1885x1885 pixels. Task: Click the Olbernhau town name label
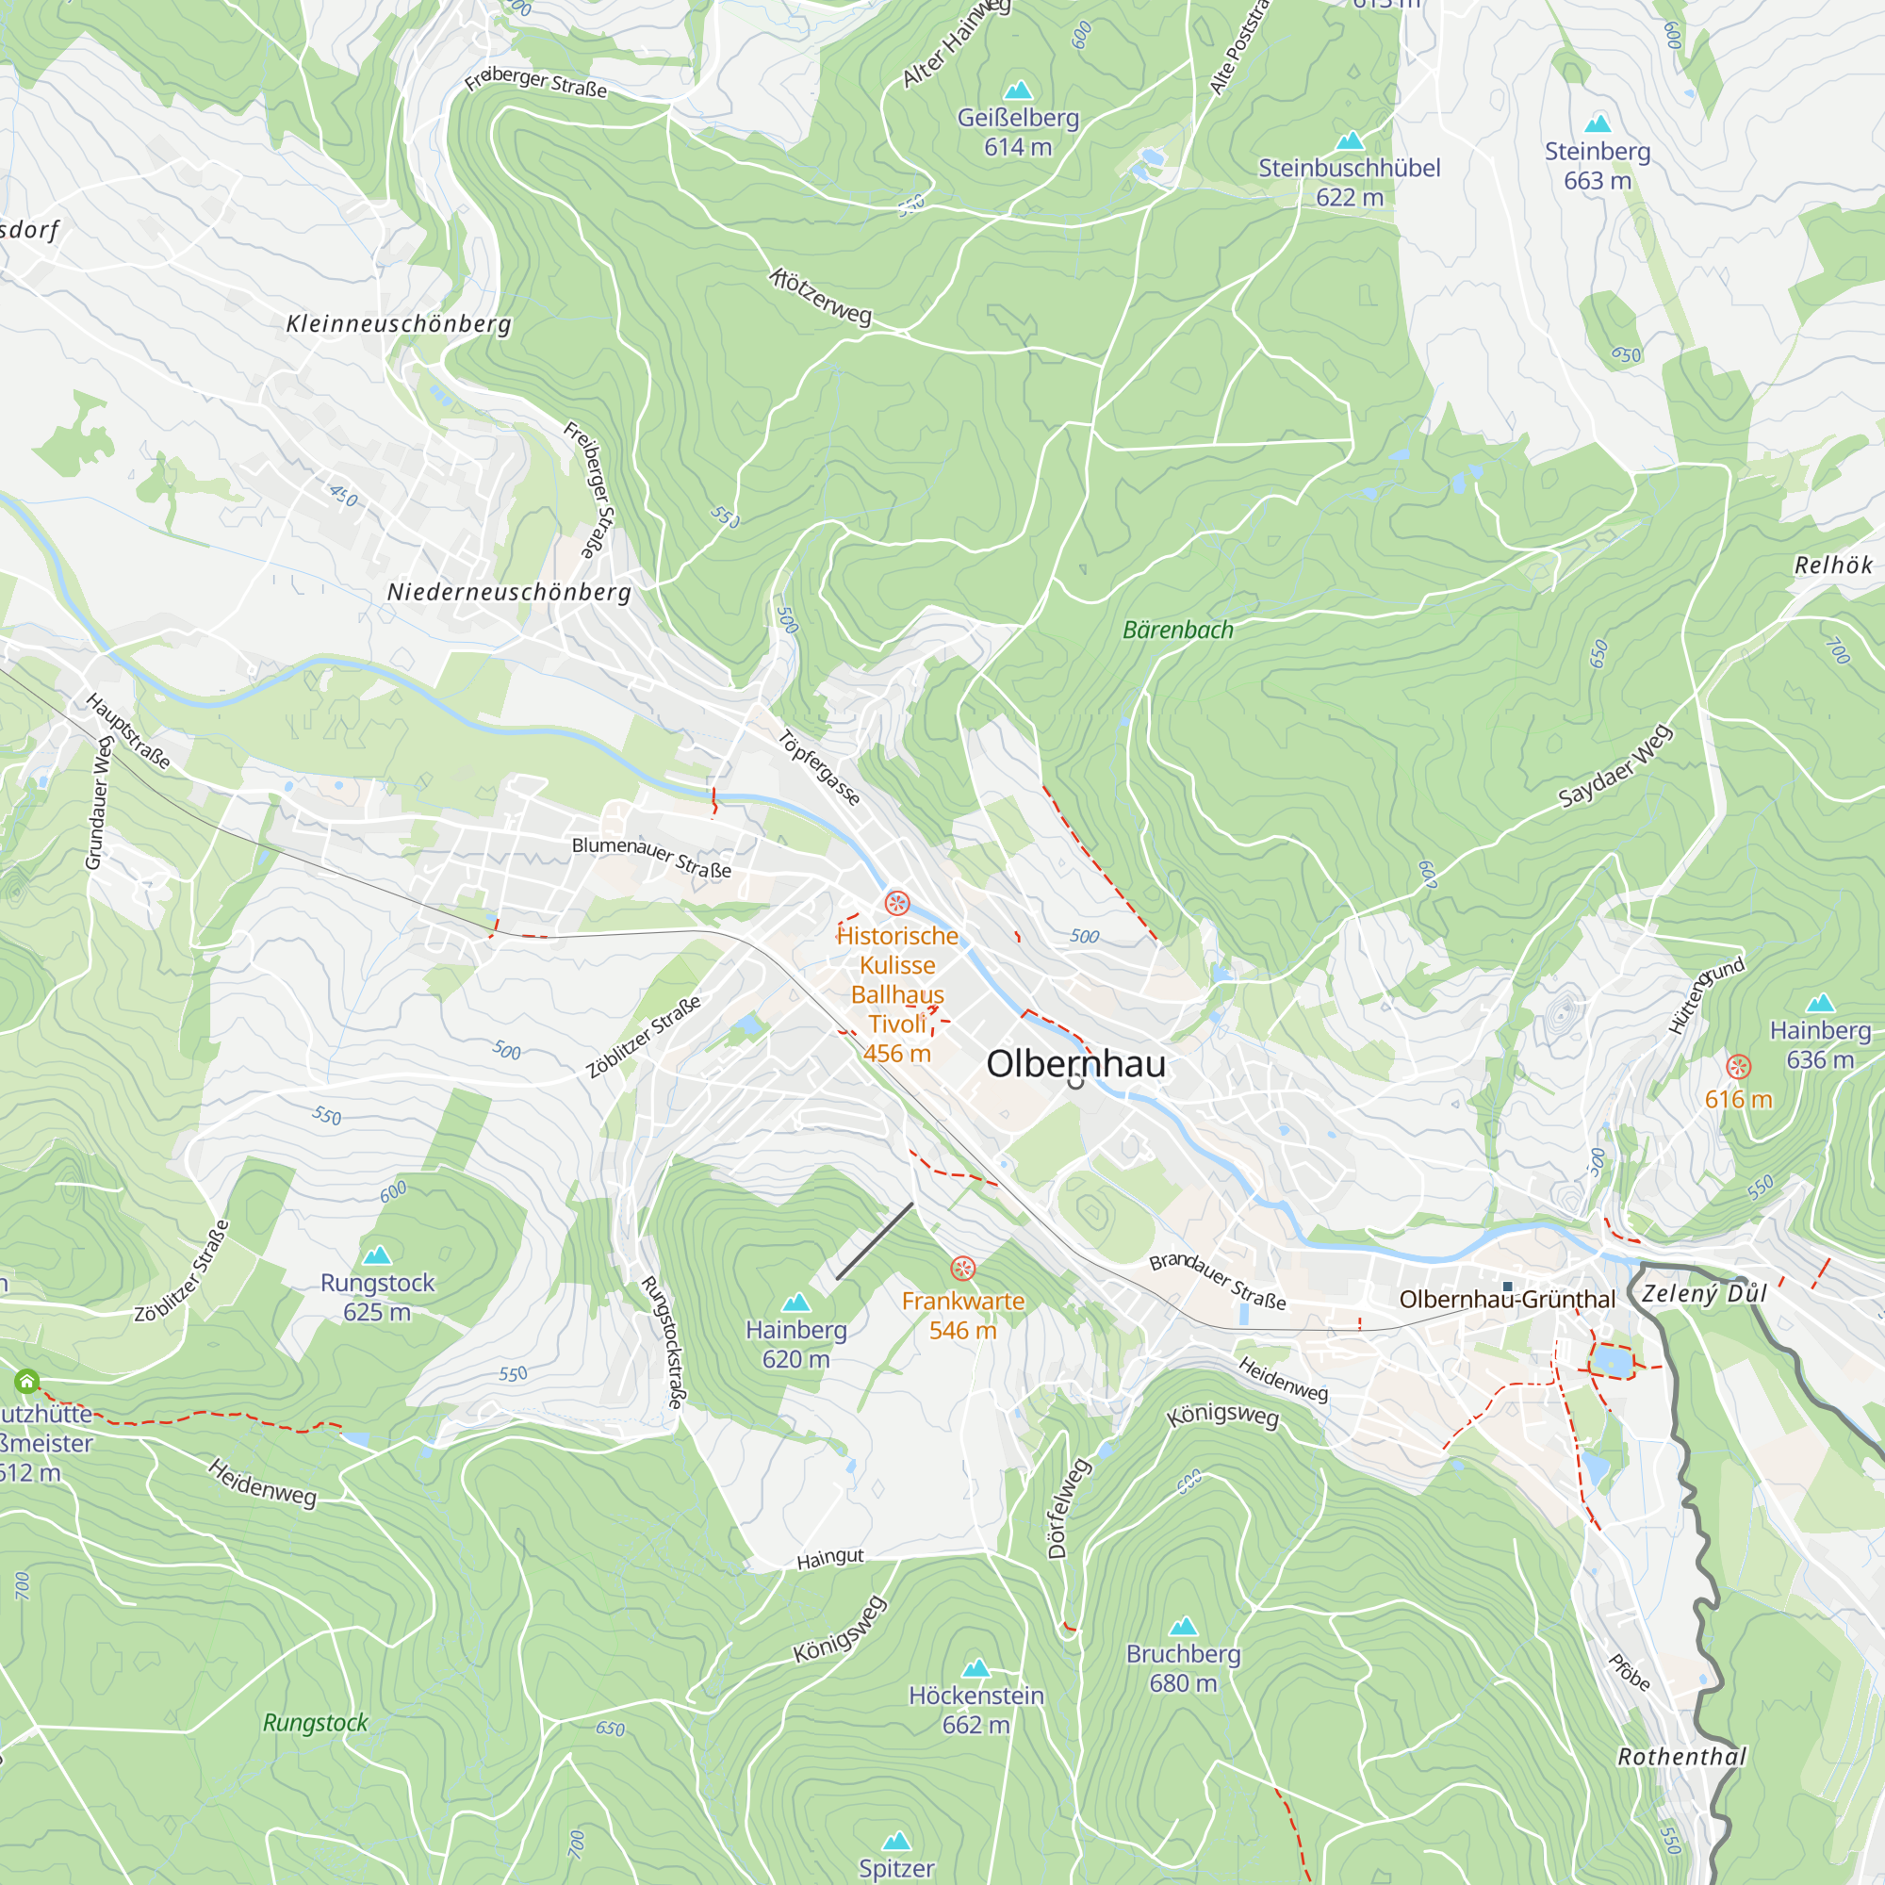(1075, 1063)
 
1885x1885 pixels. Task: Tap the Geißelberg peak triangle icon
(1018, 90)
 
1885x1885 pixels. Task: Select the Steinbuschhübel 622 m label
(1350, 182)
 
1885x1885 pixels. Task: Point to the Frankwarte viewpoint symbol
(963, 1269)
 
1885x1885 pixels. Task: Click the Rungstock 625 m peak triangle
(377, 1254)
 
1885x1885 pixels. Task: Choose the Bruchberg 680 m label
(1183, 1667)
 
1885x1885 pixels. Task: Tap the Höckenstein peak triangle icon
(975, 1668)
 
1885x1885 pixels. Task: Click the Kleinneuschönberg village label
(398, 324)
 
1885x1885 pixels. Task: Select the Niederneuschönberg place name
(509, 592)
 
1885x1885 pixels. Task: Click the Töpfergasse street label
(820, 768)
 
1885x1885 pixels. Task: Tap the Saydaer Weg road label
(1615, 766)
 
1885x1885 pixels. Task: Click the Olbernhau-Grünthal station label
(1506, 1300)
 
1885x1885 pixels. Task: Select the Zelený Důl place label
(1704, 1294)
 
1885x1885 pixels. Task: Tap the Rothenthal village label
(1682, 1756)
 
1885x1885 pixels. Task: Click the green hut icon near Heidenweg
(27, 1382)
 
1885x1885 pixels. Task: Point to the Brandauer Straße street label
(1218, 1281)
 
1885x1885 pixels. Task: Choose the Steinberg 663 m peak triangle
(1598, 123)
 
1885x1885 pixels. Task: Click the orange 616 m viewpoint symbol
(1739, 1066)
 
